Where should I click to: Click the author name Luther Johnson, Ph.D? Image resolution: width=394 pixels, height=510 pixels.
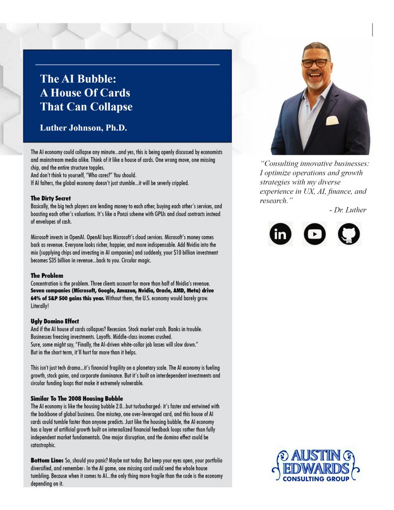(x=84, y=128)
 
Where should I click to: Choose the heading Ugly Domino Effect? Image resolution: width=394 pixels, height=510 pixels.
(x=55, y=321)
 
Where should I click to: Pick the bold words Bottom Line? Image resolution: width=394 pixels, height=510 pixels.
(x=47, y=460)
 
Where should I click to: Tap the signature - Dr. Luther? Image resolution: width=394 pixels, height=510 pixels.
(x=348, y=210)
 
